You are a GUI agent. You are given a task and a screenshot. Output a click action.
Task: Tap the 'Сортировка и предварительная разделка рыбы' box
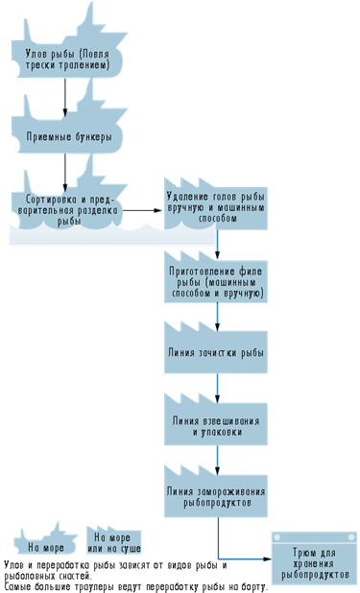[68, 209]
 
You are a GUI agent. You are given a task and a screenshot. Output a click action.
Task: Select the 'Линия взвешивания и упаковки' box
[216, 424]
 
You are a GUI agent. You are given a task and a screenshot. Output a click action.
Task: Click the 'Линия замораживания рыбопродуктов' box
[216, 496]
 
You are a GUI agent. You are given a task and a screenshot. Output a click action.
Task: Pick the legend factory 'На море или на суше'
[113, 541]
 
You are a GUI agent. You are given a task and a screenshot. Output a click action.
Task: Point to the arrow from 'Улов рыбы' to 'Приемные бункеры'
[65, 98]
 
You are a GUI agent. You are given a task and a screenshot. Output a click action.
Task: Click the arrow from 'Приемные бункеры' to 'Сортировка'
[65, 173]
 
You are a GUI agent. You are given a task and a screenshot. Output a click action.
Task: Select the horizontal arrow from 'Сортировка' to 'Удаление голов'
[143, 210]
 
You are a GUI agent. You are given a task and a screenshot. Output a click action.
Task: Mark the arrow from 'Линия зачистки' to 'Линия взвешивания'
[217, 389]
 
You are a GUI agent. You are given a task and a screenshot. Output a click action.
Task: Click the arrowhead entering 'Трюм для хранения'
[268, 558]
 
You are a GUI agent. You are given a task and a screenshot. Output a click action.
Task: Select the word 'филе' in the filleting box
[251, 272]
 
